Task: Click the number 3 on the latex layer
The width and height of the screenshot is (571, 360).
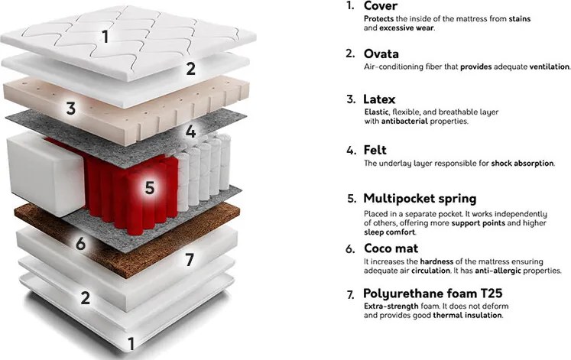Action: coord(71,109)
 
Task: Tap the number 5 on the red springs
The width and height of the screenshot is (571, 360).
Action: coord(150,187)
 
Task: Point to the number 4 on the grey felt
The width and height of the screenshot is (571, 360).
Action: coord(190,131)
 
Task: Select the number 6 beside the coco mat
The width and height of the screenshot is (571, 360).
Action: coord(80,243)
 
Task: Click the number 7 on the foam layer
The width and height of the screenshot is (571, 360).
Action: coord(190,260)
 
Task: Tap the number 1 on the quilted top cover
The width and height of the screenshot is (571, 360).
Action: coord(105,37)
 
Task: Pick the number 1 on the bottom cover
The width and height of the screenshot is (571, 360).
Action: coord(131,344)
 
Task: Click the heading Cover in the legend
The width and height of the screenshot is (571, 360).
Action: coord(381,6)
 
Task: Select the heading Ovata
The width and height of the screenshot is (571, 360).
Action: coord(381,54)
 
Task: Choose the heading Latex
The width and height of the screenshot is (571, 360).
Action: coord(379,99)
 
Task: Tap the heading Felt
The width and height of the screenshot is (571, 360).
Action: coord(375,150)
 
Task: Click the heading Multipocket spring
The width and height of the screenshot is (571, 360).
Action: coord(420,199)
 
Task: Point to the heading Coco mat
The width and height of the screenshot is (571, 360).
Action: coord(391,248)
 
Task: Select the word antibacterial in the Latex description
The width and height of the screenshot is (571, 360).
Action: coord(404,122)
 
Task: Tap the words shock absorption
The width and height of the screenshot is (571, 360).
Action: coord(522,164)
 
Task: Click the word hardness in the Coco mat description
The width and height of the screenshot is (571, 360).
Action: coord(436,261)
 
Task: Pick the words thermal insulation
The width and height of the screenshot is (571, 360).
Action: coord(468,315)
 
